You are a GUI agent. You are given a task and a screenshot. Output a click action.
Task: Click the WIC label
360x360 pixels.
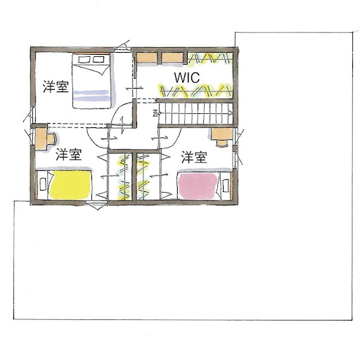point(187,77)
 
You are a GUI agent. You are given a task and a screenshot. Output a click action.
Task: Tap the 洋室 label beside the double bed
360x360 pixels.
point(56,86)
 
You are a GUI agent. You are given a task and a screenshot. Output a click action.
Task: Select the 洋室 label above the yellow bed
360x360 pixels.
point(69,155)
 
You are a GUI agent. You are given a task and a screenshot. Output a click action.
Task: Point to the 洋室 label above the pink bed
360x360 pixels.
point(194,157)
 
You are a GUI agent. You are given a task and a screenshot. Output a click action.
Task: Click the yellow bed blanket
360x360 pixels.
point(70,185)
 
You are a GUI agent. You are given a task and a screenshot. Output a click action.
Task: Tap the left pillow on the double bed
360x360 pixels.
point(84,59)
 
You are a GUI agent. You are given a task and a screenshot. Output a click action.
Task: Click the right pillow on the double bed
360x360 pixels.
point(98,59)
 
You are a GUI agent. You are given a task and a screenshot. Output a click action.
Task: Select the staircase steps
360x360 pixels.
point(196,114)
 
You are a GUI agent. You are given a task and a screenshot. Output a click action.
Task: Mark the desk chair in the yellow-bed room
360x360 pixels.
point(51,139)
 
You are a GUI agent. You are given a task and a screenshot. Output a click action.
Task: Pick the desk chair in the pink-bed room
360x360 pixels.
point(222,143)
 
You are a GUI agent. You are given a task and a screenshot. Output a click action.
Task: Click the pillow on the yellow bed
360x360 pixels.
point(43,184)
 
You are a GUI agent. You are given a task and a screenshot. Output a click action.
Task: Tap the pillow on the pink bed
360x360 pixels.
point(226,185)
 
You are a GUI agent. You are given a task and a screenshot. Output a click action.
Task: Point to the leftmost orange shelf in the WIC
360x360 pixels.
point(147,58)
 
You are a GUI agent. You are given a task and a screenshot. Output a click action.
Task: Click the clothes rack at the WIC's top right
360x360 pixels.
point(210,58)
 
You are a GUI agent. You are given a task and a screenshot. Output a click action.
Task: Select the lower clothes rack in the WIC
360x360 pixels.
point(195,91)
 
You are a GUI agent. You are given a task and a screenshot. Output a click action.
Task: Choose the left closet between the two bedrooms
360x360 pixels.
point(120,177)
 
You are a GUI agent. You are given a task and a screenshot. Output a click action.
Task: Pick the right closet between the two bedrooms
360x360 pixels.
point(148,177)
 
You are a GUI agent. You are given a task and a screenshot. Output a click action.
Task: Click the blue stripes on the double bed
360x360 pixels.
point(91,96)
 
